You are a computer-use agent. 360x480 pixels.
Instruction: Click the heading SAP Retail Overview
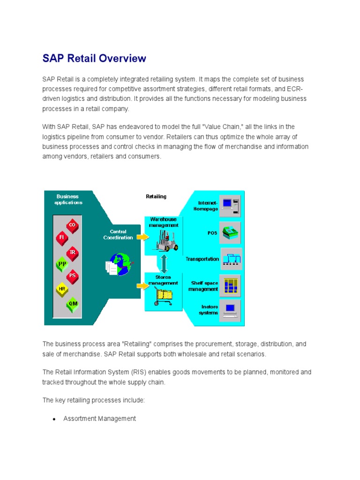coord(94,59)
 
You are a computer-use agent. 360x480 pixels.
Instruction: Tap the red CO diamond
coord(72,225)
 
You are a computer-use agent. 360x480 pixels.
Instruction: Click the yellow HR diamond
coord(62,289)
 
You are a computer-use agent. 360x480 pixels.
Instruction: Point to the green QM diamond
coord(73,303)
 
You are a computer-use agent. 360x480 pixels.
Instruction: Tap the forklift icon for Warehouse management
coord(163,240)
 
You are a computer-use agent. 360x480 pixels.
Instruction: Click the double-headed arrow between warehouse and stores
coord(163,263)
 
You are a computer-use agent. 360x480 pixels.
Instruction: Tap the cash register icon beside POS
coord(230,232)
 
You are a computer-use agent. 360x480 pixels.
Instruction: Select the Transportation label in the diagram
coord(202,259)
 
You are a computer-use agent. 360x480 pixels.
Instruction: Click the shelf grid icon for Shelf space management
coord(230,285)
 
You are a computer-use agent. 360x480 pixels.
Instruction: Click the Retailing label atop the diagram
coord(156,196)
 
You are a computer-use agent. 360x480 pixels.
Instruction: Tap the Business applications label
coord(68,199)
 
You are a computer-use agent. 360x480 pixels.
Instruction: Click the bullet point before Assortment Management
coord(54,419)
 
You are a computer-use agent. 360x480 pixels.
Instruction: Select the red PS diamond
coord(72,275)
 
